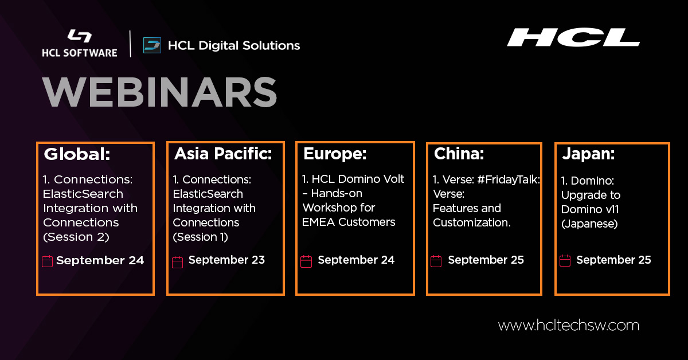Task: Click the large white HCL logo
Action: [x=573, y=37]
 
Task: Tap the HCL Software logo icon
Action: [x=79, y=36]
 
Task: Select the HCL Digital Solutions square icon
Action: [x=152, y=45]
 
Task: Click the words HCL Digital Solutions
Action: [x=233, y=45]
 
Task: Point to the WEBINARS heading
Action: [x=159, y=91]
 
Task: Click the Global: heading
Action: [x=77, y=154]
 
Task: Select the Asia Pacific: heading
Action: [x=222, y=154]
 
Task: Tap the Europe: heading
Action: [x=334, y=154]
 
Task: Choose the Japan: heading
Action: [x=588, y=154]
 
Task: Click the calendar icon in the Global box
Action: [x=48, y=261]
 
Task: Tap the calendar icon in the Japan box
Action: [x=565, y=261]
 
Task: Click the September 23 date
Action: [x=226, y=260]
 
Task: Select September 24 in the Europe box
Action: [x=356, y=260]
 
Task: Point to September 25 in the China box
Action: [x=486, y=260]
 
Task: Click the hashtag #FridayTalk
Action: [x=509, y=179]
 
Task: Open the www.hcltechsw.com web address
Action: [x=568, y=326]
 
